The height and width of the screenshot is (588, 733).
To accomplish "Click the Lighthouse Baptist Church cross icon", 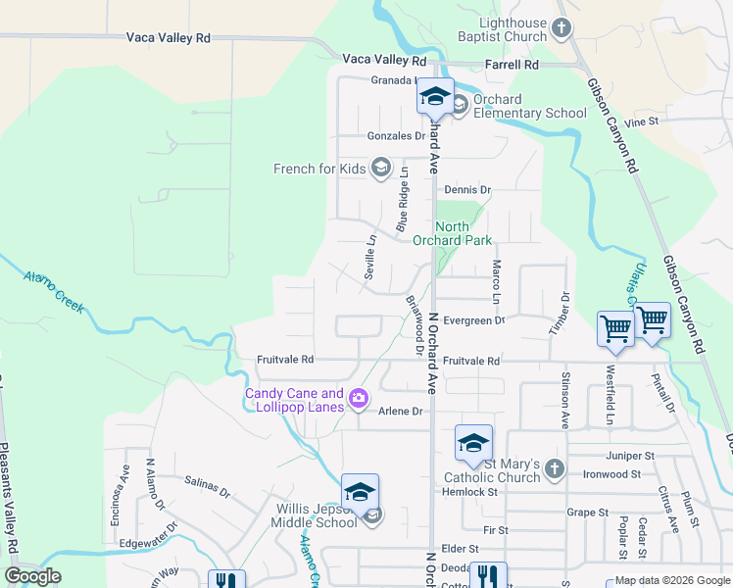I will [x=562, y=28].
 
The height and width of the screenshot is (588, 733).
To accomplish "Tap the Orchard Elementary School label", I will [x=529, y=106].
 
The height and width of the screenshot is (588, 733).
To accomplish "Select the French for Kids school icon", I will [x=380, y=169].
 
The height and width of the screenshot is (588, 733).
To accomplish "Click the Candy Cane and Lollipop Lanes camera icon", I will [x=359, y=397].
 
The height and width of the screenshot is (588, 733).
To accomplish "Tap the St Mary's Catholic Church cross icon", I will [x=556, y=467].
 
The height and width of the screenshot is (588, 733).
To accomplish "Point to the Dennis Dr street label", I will [x=466, y=189].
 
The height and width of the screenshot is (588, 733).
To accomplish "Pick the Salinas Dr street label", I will [x=207, y=487].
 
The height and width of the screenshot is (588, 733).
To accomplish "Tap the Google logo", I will [x=33, y=576].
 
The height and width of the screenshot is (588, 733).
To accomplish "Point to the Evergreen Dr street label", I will [x=473, y=320].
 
